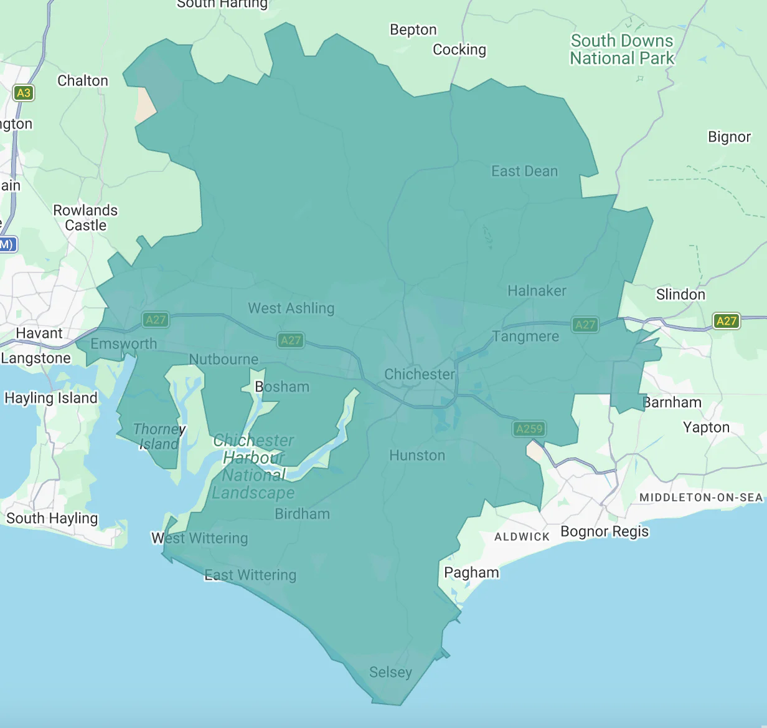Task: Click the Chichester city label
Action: click(420, 375)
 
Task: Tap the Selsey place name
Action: click(390, 673)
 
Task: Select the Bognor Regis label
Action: click(605, 532)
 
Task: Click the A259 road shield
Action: click(529, 429)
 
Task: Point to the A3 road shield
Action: click(24, 93)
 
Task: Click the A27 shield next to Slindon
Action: click(726, 321)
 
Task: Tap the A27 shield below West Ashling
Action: click(291, 340)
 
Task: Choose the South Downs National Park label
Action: click(622, 50)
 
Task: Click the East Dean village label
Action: click(524, 171)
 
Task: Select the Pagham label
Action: click(471, 573)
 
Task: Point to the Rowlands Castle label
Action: click(85, 218)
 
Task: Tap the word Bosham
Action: click(282, 387)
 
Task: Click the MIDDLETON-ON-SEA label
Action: click(700, 497)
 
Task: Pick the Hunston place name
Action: click(417, 456)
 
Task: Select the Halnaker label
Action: click(537, 291)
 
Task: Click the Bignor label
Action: click(729, 137)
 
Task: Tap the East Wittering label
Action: click(250, 575)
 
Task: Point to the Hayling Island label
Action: click(51, 398)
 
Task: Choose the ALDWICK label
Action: click(522, 537)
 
